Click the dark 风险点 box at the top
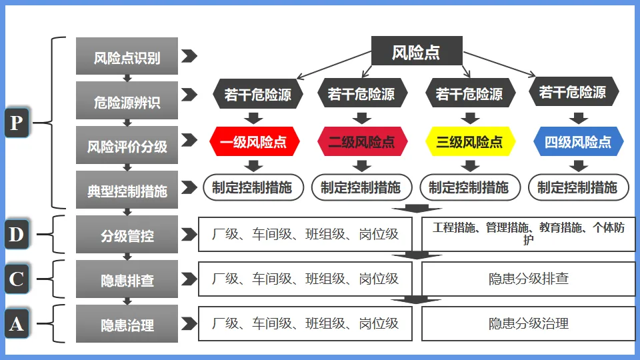416,52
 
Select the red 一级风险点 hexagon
254,141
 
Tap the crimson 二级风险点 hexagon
361,141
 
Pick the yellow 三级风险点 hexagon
470,141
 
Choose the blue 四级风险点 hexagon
578,141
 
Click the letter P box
17,123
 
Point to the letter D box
17,234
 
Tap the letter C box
17,279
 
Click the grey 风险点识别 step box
127,57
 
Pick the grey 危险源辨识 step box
127,101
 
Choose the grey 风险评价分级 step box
127,145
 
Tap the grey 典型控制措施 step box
127,190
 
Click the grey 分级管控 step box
127,235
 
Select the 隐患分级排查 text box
529,279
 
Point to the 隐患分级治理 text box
529,323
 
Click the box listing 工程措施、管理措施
529,234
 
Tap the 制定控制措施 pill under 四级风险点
578,187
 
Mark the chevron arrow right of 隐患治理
189,323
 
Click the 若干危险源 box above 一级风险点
257,95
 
